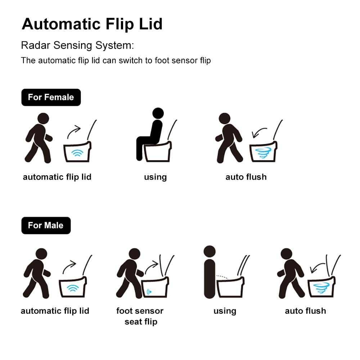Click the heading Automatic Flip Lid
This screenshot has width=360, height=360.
point(92,24)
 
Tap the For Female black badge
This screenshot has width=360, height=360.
point(51,97)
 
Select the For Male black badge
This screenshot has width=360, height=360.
point(46,225)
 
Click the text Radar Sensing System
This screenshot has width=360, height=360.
point(77,46)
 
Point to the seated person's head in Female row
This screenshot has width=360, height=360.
point(158,113)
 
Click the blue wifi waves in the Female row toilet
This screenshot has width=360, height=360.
point(77,153)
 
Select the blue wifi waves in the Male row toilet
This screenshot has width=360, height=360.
point(73,288)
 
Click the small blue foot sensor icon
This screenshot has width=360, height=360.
point(149,291)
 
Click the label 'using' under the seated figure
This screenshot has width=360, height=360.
point(155,177)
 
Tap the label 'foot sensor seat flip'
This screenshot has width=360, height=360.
point(140,316)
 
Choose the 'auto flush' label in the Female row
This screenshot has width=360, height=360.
point(246,177)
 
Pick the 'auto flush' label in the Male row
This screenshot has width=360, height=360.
point(305,311)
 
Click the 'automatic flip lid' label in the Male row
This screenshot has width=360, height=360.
point(55,311)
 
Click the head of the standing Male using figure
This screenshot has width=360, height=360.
point(209,251)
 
